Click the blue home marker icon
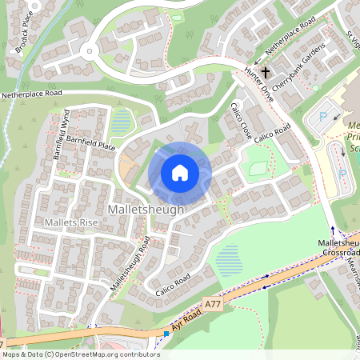(x=180, y=173)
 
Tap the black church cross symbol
(x=265, y=71)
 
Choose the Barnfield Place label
(x=91, y=143)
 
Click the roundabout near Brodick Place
(x=90, y=54)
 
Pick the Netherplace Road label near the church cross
(x=290, y=50)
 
